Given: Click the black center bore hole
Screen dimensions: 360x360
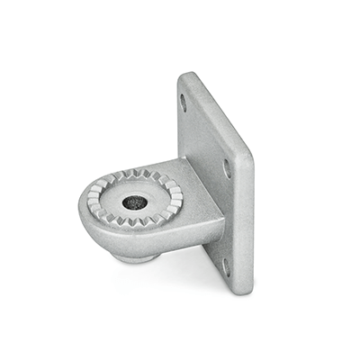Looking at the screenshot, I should [x=135, y=202].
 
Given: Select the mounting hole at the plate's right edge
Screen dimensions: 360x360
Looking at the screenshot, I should [x=227, y=168].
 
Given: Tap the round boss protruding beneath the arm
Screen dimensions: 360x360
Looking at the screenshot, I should [x=137, y=257].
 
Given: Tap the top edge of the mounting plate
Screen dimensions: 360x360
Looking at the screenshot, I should [x=216, y=97].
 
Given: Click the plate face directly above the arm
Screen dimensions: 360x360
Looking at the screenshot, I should [x=202, y=135].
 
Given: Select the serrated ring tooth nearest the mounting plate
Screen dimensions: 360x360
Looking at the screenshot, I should [x=177, y=193].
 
